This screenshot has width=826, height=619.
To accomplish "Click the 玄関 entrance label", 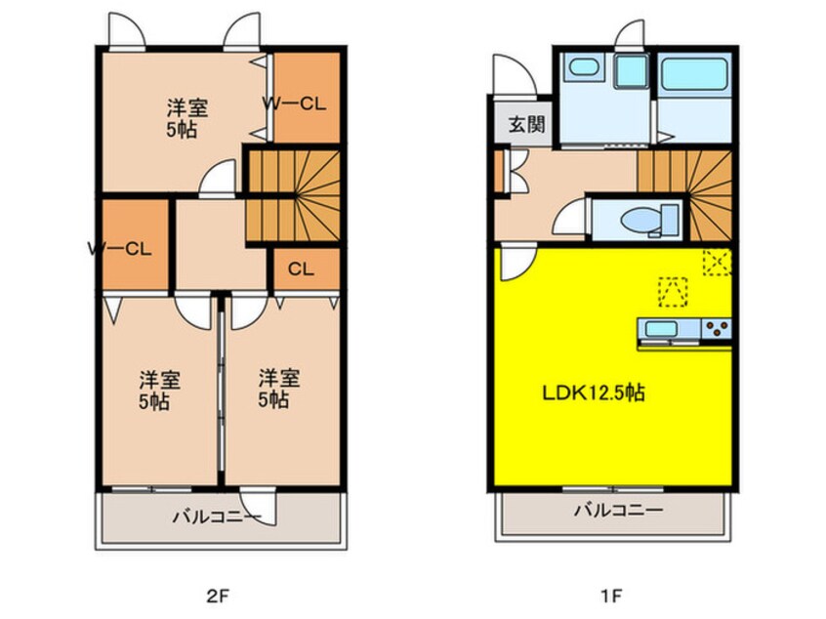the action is (x=526, y=125).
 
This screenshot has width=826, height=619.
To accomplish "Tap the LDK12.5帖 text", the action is (x=594, y=393).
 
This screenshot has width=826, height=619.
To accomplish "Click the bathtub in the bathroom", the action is (x=694, y=74).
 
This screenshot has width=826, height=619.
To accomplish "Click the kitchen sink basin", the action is (x=662, y=330).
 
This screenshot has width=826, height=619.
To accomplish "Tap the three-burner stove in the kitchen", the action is (x=716, y=329).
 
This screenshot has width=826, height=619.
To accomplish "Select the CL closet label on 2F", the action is (x=301, y=269).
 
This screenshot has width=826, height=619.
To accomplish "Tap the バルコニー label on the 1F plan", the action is (x=618, y=510).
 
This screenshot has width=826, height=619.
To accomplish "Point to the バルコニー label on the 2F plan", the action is (x=217, y=516).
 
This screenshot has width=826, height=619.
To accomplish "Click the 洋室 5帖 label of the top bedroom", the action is (x=187, y=118).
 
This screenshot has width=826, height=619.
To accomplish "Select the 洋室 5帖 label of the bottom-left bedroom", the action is (x=159, y=391).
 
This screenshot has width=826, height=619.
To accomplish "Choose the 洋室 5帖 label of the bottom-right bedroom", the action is (x=278, y=390).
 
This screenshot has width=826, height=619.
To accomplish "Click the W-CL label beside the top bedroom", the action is (x=295, y=103).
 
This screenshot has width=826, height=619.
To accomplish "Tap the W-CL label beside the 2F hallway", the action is (x=120, y=249).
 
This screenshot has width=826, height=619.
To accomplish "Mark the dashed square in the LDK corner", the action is (x=718, y=263).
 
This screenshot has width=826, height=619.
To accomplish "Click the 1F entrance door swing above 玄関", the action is (x=515, y=75).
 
